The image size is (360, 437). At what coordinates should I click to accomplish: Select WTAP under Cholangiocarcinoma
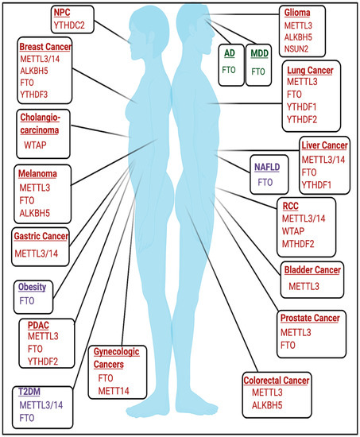pyautogui.click(x=37, y=146)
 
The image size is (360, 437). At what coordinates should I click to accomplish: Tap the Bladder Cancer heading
pyautogui.click(x=312, y=271)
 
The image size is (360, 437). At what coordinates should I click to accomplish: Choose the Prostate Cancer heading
pyautogui.click(x=309, y=319)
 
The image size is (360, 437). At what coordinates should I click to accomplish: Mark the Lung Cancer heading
pyautogui.click(x=294, y=71)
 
